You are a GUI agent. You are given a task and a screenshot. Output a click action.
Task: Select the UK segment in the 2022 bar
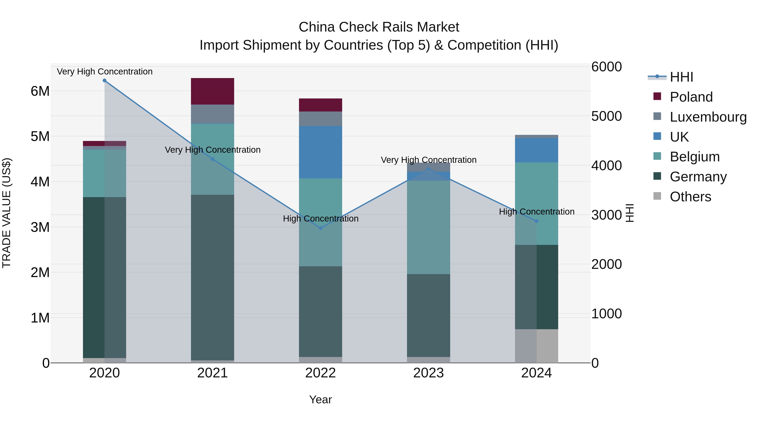(320, 152)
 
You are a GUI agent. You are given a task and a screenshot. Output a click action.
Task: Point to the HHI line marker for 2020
(104, 81)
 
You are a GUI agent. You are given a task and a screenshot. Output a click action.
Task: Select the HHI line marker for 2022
(321, 228)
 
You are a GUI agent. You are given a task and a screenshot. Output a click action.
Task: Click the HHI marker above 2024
(536, 221)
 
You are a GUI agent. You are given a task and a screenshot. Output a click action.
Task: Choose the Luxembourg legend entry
(708, 117)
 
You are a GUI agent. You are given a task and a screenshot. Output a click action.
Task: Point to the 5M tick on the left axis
(40, 136)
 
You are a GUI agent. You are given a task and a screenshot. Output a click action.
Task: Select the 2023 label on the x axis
(428, 373)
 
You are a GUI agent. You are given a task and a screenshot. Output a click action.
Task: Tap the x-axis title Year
(320, 399)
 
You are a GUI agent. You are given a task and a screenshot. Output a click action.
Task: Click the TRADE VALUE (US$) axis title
(7, 213)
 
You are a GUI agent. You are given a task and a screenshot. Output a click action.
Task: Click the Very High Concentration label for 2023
(428, 160)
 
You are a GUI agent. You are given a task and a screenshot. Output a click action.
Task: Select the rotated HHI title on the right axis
(629, 213)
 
